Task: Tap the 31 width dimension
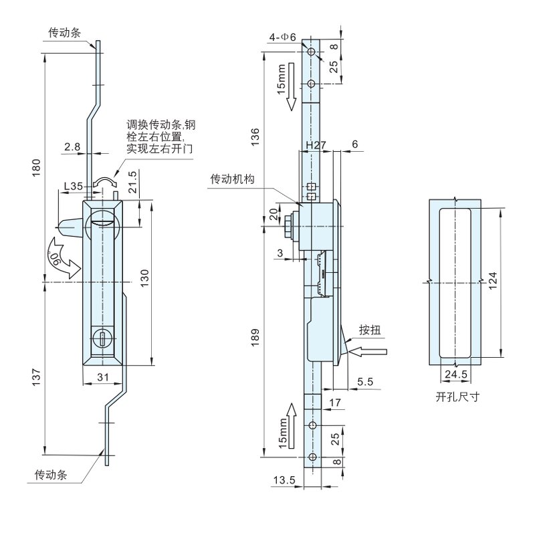pos(102,378)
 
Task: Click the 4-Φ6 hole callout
pos(283,36)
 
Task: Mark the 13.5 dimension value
pos(285,479)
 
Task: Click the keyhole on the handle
pos(102,339)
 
